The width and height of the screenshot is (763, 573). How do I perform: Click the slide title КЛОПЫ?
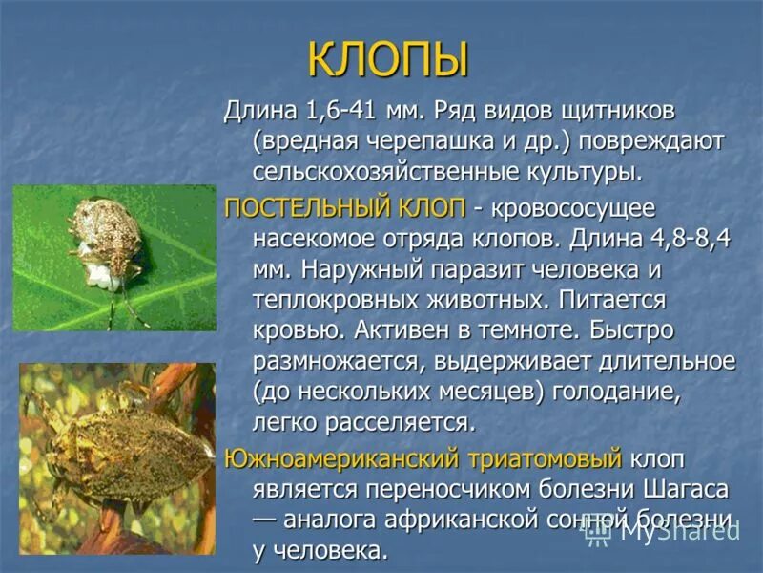click(x=387, y=60)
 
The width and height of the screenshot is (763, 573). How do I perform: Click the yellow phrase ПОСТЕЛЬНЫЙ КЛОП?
click(x=344, y=206)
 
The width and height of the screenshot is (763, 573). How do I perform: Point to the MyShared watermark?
click(x=668, y=532)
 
